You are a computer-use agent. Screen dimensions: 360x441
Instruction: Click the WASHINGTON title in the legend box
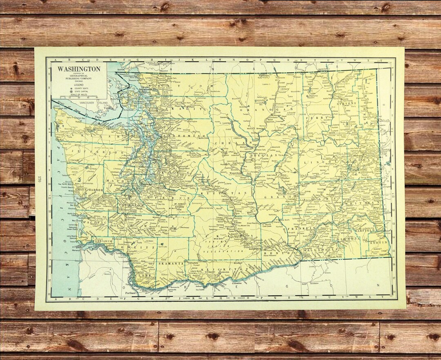(x=78, y=69)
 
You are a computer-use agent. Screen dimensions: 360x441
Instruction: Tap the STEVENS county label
(x=347, y=103)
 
